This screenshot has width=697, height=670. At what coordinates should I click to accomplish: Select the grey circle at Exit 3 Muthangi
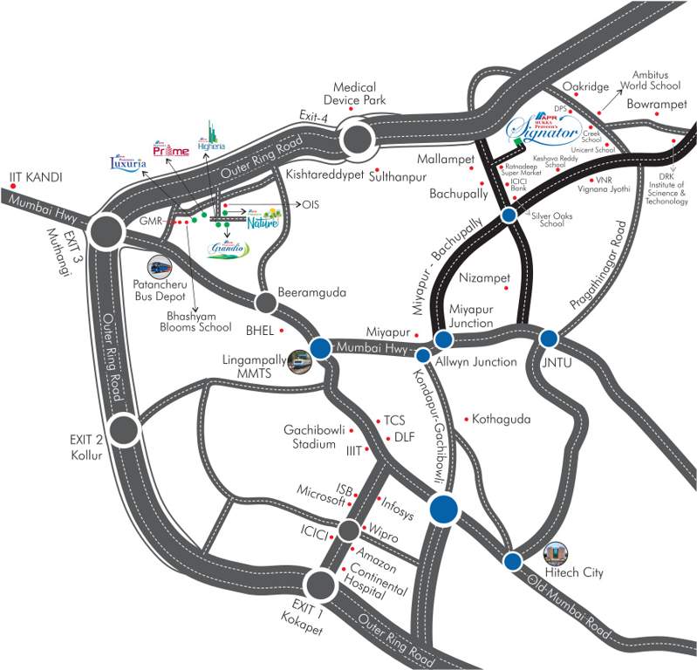105,231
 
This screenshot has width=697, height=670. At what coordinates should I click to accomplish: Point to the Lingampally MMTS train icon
299,360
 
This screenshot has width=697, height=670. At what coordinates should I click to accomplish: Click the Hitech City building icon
555,552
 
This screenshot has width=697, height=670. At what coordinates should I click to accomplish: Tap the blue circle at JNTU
549,338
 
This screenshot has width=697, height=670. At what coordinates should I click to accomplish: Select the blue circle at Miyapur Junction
444,339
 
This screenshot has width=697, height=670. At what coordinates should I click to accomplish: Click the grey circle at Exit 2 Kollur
123,429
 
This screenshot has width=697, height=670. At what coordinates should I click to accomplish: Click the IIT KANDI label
35,177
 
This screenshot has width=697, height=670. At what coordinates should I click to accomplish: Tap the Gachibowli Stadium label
310,437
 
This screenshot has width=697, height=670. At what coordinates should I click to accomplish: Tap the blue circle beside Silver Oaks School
508,215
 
